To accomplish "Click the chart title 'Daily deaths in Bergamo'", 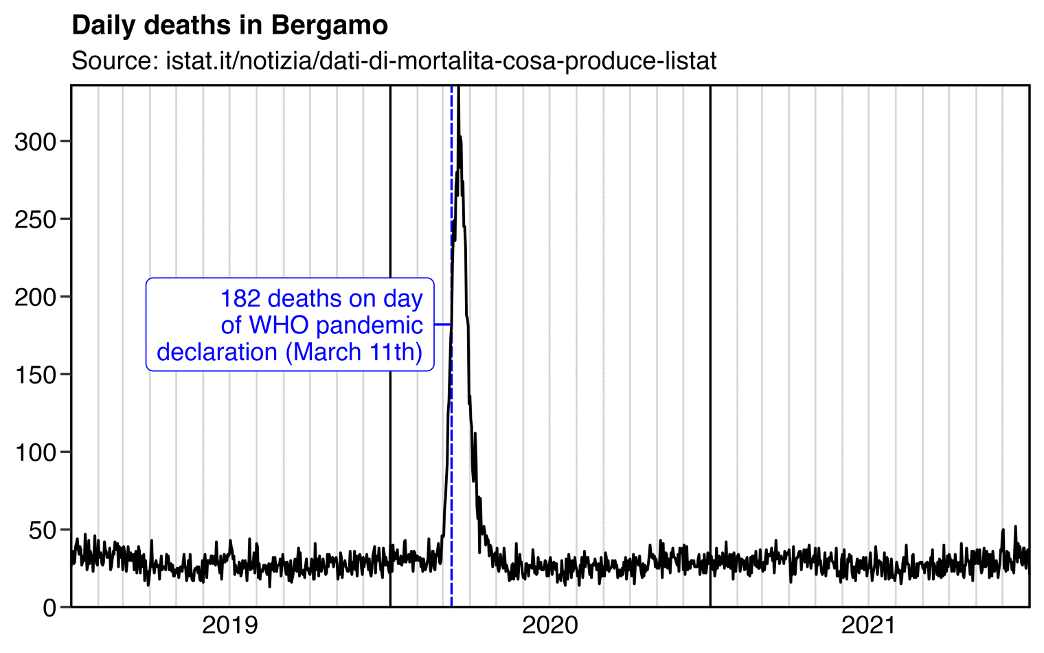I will [229, 26].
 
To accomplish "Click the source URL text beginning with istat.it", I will [441, 61].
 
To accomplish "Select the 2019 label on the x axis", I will [230, 626].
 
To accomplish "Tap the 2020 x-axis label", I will [549, 626].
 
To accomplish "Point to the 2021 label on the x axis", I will [869, 626].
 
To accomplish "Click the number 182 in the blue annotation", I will [241, 299].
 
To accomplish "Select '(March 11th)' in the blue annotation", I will [353, 352].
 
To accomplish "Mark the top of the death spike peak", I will [458, 89].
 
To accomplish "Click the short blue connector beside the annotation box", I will [442, 324].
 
